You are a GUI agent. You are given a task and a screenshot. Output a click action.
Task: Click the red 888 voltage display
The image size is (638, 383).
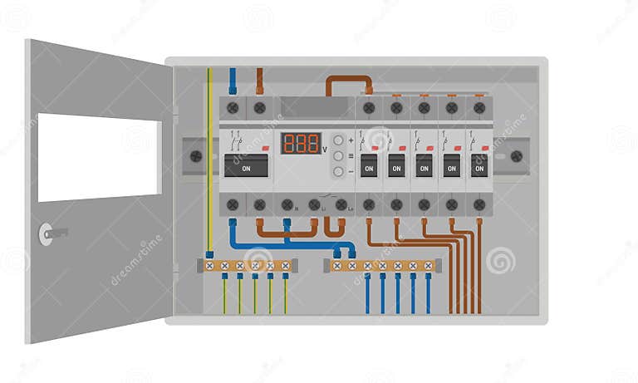tap(301, 143)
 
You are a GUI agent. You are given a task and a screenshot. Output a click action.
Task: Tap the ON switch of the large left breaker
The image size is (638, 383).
tap(246, 166)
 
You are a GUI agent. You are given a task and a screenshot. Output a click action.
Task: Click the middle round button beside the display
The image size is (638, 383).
tap(338, 155)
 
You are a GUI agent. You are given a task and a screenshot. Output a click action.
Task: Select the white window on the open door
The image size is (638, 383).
tap(99, 158)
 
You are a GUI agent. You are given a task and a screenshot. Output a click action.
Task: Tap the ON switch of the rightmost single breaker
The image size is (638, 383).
tap(479, 165)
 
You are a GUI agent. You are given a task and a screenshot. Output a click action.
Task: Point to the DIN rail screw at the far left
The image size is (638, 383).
tap(196, 155)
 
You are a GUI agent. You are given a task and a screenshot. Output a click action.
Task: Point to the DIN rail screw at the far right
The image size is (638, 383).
tap(516, 155)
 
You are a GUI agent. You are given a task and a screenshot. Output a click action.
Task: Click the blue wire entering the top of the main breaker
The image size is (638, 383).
tap(233, 81)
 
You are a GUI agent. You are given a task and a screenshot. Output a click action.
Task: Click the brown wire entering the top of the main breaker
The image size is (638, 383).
tap(259, 81)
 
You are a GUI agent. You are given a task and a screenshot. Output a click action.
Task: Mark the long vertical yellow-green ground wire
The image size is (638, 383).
tap(209, 158)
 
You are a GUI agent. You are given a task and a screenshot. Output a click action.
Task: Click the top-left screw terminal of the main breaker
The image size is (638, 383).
tap(233, 107)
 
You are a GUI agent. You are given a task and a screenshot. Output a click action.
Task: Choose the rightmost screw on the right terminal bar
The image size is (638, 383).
tap(428, 266)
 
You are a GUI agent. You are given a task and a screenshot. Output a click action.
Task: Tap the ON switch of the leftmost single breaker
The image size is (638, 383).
tap(369, 165)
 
